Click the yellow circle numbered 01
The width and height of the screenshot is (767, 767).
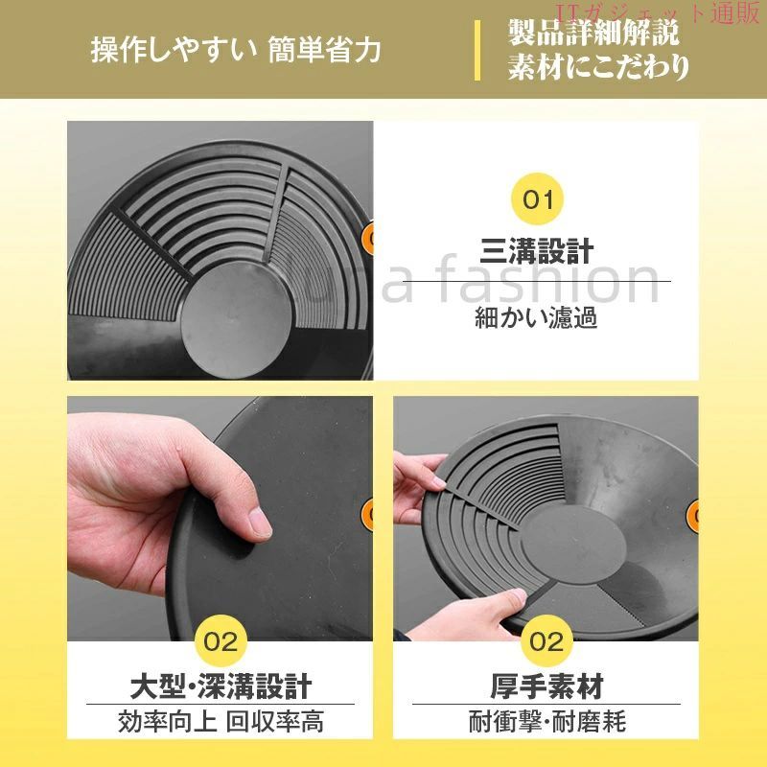pyautogui.click(x=537, y=199)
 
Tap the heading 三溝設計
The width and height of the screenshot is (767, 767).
pyautogui.click(x=537, y=251)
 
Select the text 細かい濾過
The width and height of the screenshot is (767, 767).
pyautogui.click(x=536, y=318)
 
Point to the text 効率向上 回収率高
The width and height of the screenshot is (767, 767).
pyautogui.click(x=221, y=722)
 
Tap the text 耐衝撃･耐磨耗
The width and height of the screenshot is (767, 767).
pyautogui.click(x=546, y=722)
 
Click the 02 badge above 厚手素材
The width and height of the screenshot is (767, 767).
pyautogui.click(x=546, y=641)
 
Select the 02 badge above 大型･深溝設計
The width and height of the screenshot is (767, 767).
pyautogui.click(x=221, y=641)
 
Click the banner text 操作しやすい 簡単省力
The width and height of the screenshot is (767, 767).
pyautogui.click(x=236, y=51)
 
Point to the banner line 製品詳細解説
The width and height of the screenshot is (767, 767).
pyautogui.click(x=593, y=33)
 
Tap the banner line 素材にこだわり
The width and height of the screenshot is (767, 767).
pyautogui.click(x=598, y=66)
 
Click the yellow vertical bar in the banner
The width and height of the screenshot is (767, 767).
pyautogui.click(x=476, y=50)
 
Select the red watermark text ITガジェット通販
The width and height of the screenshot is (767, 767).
pyautogui.click(x=657, y=13)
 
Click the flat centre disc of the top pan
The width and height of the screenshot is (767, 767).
pyautogui.click(x=236, y=317)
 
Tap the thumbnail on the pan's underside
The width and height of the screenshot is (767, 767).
pyautogui.click(x=260, y=523)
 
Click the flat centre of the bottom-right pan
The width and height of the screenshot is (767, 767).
pyautogui.click(x=572, y=545)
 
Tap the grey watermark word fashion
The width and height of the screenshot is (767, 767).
pyautogui.click(x=547, y=282)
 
